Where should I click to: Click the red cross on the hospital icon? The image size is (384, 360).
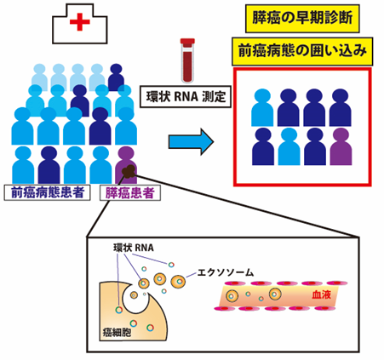point(80,21)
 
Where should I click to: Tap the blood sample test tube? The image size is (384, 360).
point(187,60)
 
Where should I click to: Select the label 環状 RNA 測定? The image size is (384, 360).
point(186,97)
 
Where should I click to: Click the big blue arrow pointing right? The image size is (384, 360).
point(191,141)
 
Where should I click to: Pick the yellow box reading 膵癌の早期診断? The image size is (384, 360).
point(302,18)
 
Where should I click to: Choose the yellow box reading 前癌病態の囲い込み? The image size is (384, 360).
point(302,51)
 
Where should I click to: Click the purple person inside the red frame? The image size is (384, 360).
point(341,146)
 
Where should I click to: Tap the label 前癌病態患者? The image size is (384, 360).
point(48,192)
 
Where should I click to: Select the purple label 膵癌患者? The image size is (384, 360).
point(130,193)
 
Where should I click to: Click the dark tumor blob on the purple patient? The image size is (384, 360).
point(129,171)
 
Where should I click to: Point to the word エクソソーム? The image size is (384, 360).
point(225,272)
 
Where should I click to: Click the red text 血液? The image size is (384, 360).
point(321,294)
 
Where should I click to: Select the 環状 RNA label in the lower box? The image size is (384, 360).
point(134,248)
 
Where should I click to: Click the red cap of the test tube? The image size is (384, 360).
point(187,42)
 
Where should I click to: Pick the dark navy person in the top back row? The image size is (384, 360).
point(116,77)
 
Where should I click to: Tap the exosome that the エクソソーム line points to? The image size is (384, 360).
point(178,282)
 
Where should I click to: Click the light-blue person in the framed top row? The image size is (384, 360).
point(262,107)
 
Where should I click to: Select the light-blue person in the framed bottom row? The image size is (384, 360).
point(289,146)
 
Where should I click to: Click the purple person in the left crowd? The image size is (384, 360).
point(126,165)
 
